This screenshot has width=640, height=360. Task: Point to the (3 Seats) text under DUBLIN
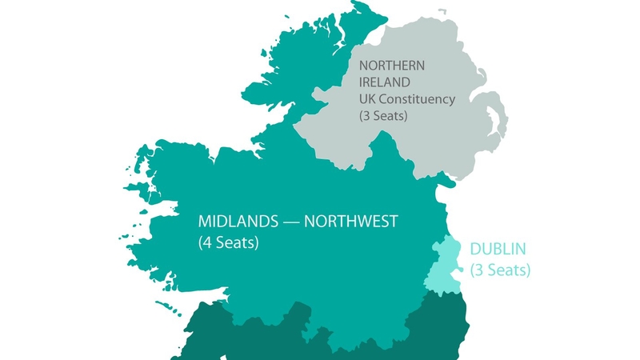pos(500,270)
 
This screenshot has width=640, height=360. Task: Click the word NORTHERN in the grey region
pos(394,65)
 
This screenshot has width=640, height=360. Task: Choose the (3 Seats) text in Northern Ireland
pos(384,116)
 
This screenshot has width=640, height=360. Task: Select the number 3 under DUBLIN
pos(478,270)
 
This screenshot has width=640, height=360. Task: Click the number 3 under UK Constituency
pos(366,116)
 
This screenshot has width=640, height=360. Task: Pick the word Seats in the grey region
pos(390,116)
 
